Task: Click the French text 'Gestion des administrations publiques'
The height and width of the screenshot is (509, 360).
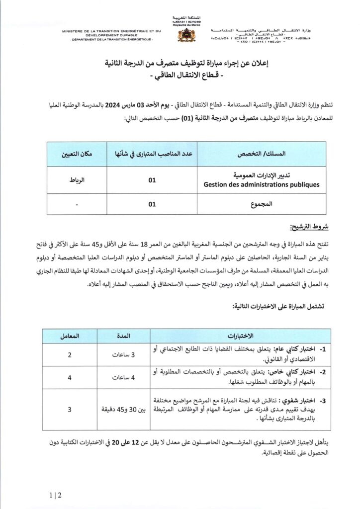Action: point(261,184)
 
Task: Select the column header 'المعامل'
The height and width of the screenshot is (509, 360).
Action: point(70,336)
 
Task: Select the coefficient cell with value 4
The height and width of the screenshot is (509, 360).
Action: point(70,378)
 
